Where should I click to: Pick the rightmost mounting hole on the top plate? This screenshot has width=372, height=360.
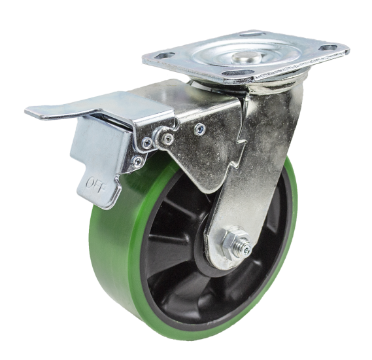pos(328,48)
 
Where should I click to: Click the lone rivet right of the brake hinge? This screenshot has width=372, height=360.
pos(200,128)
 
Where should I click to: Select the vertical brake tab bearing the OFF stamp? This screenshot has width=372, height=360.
pos(98,170)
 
